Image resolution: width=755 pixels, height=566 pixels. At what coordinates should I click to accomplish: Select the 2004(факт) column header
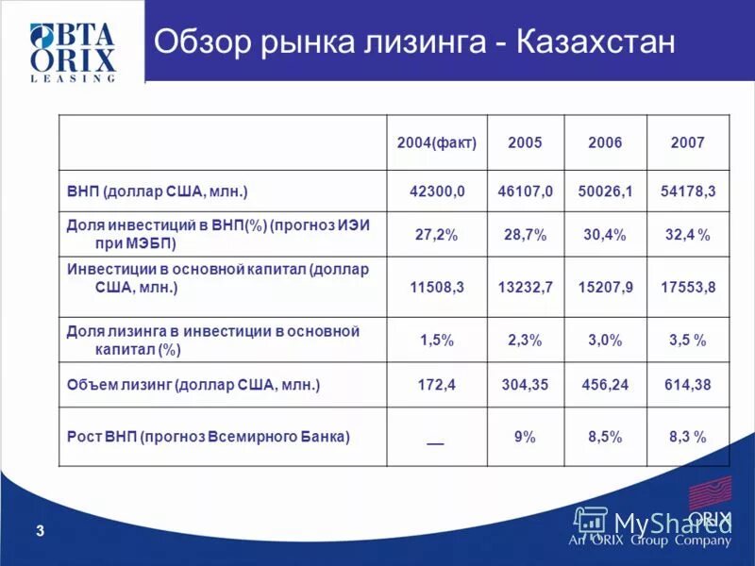436,142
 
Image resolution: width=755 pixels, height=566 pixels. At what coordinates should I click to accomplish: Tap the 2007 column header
687,142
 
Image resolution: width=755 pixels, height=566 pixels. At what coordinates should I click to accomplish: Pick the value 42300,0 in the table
437,191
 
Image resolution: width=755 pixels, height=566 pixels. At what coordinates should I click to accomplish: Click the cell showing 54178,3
688,191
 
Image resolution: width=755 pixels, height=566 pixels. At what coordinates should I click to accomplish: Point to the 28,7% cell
525,235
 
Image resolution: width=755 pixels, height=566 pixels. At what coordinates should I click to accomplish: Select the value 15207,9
605,286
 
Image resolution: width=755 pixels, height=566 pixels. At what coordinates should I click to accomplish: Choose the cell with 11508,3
437,286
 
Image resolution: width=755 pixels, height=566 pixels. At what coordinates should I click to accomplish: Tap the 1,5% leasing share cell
437,340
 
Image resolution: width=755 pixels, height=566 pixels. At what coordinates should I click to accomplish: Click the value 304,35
525,385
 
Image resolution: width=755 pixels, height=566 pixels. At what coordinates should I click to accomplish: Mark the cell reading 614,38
688,385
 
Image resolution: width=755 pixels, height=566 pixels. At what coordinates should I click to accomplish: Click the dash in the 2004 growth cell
435,440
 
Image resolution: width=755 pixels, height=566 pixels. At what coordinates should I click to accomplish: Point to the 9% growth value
525,437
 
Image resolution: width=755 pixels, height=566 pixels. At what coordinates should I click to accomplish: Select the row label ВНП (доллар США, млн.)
157,191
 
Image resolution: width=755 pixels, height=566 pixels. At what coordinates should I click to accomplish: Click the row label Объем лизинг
193,385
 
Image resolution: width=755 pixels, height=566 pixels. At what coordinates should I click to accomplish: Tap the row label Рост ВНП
209,437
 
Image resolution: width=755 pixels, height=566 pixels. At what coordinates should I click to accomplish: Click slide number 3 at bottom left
40,532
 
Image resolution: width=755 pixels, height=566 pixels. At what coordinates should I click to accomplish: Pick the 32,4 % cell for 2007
688,235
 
